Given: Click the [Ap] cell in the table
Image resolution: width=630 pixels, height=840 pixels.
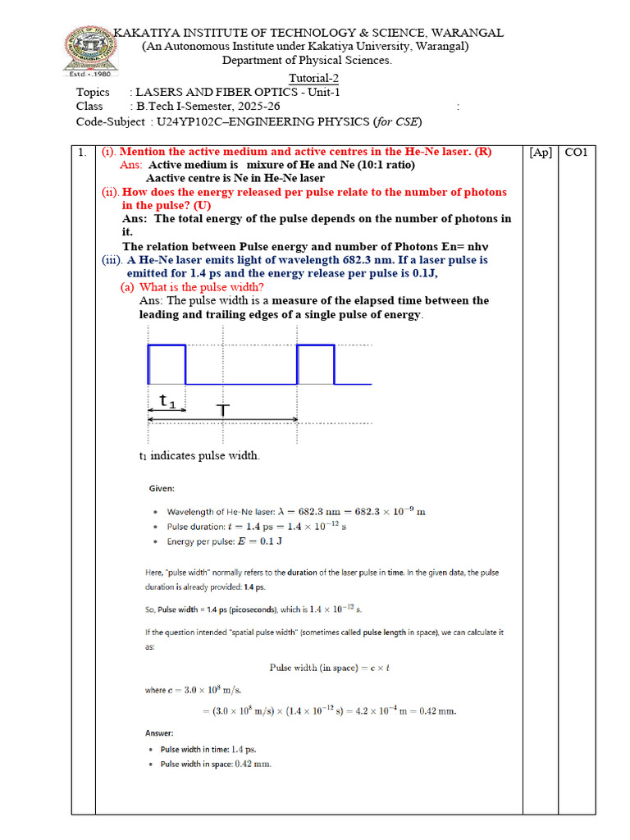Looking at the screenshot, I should point(541,153).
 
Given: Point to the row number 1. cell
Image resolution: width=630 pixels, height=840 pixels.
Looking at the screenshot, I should point(82,153).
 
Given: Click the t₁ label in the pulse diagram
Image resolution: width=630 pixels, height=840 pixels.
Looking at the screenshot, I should point(167,400).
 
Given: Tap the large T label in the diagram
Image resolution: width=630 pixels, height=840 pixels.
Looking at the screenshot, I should point(222,409).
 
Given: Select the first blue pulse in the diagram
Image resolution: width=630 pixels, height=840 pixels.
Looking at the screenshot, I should point(167,364).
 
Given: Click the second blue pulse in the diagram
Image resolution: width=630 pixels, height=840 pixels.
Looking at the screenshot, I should point(316,364).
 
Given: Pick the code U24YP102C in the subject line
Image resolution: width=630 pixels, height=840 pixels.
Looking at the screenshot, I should point(183,122).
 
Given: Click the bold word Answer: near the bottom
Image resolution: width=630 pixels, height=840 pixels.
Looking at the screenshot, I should point(161,733).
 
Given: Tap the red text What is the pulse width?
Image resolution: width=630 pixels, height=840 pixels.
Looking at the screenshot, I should point(202,287).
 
